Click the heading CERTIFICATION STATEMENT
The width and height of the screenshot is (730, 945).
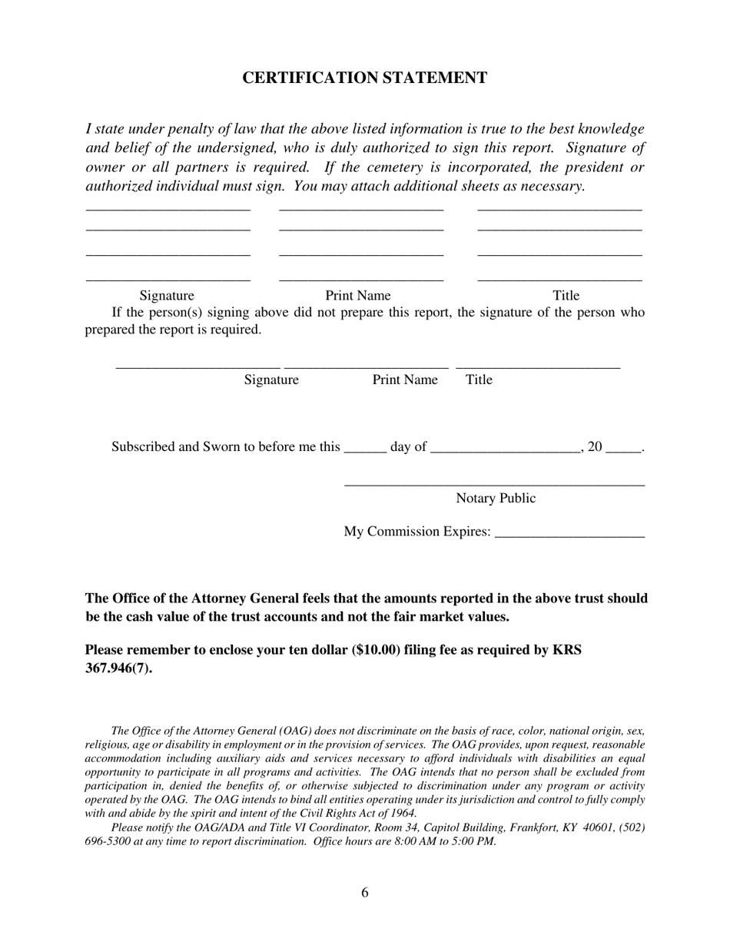click(364, 78)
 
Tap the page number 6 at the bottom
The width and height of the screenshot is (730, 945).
click(364, 892)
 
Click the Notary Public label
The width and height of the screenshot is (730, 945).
click(496, 498)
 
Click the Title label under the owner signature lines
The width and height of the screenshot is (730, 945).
click(566, 295)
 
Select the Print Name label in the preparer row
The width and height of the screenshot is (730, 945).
click(405, 380)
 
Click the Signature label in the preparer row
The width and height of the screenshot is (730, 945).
click(271, 380)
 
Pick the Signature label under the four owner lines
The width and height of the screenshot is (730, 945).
click(167, 295)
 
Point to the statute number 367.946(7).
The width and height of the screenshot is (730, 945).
click(118, 668)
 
